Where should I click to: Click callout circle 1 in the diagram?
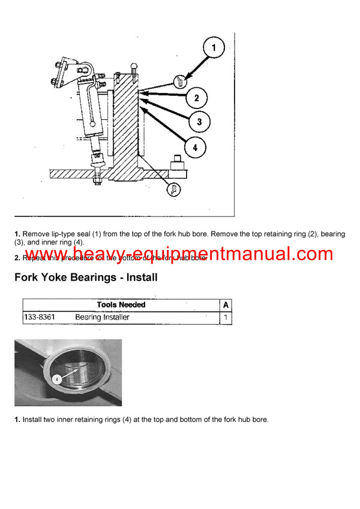point(213,47)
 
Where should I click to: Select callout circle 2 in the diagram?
point(196,98)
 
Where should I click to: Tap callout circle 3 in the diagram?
point(199,122)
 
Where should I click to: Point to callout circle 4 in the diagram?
point(196,146)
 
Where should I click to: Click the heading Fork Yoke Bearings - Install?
point(86,277)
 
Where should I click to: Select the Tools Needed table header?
point(121,305)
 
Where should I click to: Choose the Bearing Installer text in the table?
point(102,317)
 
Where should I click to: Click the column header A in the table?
point(226,305)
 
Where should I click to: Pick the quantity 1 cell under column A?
point(226,317)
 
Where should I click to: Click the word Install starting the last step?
point(32,419)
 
